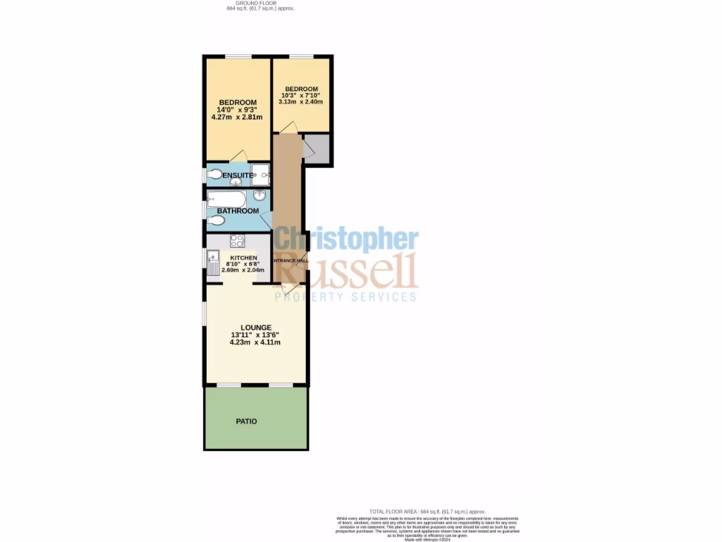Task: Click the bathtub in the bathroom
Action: coord(226,198)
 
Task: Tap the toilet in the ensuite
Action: coord(214,174)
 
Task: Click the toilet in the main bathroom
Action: coord(216,221)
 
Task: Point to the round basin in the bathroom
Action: coord(260,195)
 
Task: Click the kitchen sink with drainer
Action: coord(213,264)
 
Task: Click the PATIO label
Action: coord(246,421)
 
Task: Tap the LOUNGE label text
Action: coord(255,327)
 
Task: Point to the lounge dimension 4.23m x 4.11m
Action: coord(255,342)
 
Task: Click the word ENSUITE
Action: coord(238,175)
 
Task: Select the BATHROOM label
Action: coord(238,210)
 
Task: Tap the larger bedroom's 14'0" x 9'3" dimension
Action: coord(237,109)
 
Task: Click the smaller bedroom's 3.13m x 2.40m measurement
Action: coord(302,102)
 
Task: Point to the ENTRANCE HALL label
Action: coord(290,260)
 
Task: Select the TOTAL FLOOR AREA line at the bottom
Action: coord(428,511)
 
